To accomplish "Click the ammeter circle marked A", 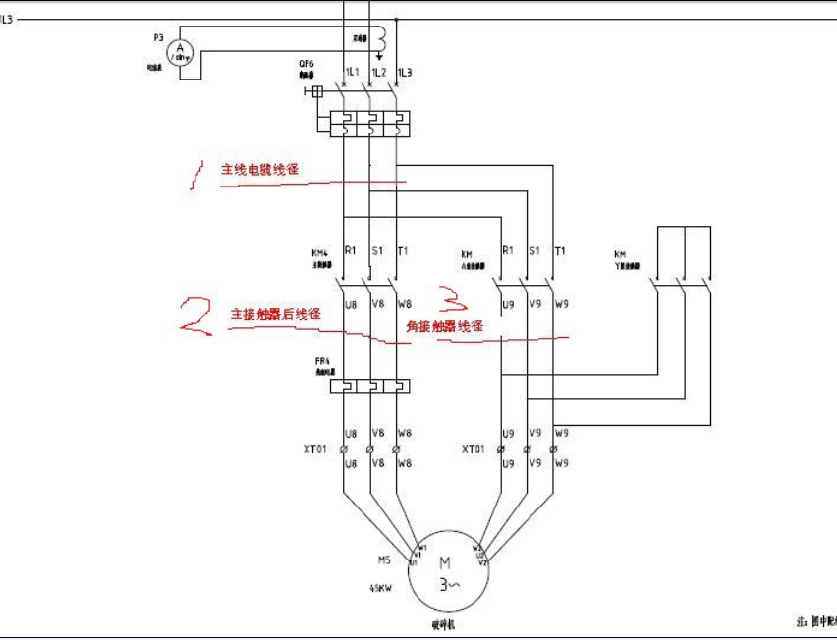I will pos(179,52).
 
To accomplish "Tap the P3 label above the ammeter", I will pos(158,36).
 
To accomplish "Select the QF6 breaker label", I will pos(307,64).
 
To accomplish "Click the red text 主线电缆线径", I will pos(259,170).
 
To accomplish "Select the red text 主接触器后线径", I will pos(275,315).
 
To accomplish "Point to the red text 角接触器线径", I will pos(445,325).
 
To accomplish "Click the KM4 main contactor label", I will pos(320,253).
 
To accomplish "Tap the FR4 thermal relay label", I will pos(322,361).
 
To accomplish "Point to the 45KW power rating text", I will pos(383,589).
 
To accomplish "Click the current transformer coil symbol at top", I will pos(378,38).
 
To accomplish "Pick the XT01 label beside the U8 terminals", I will pos(317,448).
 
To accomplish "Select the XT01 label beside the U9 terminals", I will pos(474,448).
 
